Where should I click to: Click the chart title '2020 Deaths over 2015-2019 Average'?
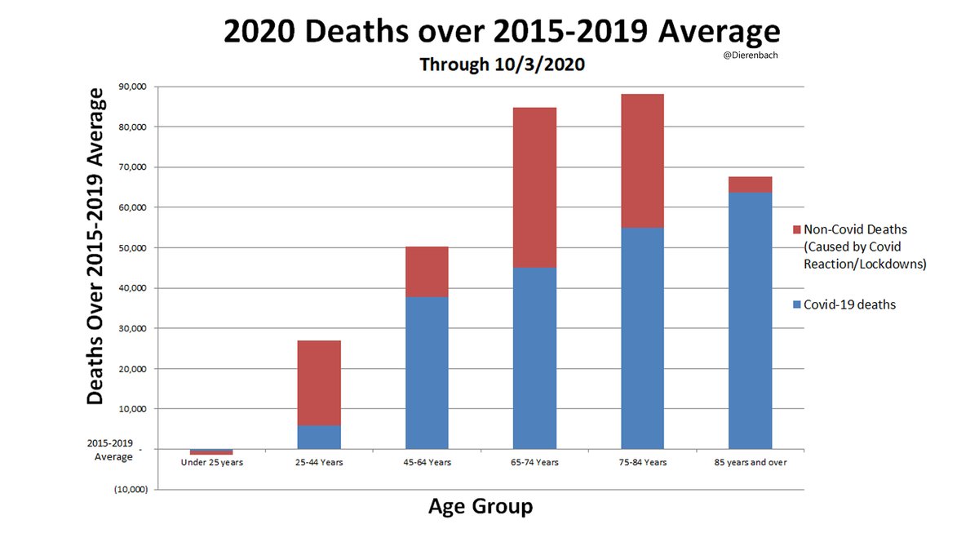point(501,33)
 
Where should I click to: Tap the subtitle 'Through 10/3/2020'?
point(502,64)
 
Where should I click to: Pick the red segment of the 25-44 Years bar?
point(319,383)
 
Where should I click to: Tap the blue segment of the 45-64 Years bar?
point(427,372)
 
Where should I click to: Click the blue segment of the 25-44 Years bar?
point(319,437)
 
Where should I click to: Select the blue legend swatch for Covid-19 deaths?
point(796,304)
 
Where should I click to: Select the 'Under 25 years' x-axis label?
point(211,462)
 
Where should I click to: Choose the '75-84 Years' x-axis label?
point(642,462)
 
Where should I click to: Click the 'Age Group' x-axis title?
point(481,507)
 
